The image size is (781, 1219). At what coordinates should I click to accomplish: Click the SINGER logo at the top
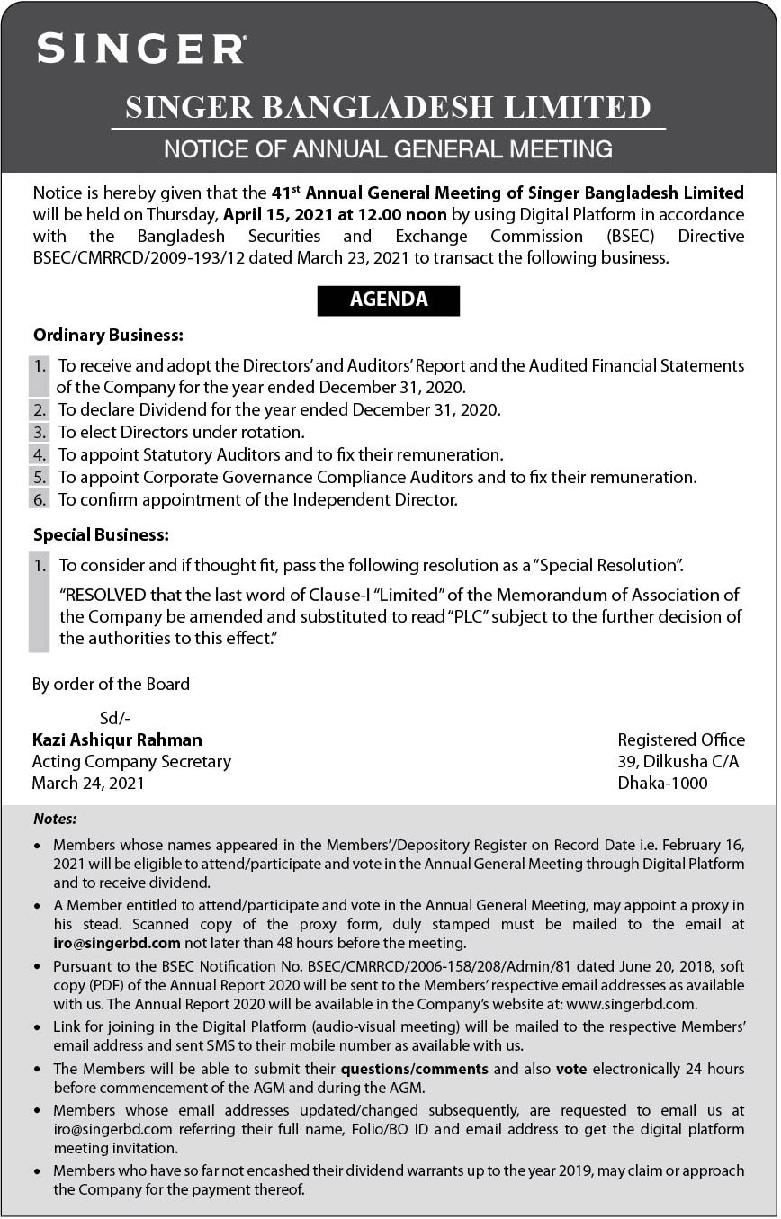pos(141,48)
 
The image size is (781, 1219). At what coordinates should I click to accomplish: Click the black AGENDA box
pos(388,300)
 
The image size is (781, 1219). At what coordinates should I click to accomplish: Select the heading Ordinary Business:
pos(108,336)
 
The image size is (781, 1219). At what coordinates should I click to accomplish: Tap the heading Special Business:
pos(101,534)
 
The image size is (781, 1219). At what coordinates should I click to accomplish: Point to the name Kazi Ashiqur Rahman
pos(117,739)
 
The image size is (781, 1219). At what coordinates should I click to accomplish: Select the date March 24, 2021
pos(88,783)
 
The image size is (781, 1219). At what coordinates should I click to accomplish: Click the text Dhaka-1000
pos(662,783)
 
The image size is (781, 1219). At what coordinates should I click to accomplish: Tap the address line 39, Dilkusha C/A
pos(678,761)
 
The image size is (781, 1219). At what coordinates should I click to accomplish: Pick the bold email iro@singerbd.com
pos(118,943)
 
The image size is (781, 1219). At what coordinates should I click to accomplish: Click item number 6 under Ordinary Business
pos(39,499)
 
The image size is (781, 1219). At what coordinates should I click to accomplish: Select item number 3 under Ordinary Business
pos(39,432)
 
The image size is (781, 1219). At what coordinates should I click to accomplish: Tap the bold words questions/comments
pos(414,1069)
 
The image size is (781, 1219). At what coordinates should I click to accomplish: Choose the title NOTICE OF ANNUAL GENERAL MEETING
pos(388,148)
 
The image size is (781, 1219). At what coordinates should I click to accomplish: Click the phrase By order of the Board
pos(111,684)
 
